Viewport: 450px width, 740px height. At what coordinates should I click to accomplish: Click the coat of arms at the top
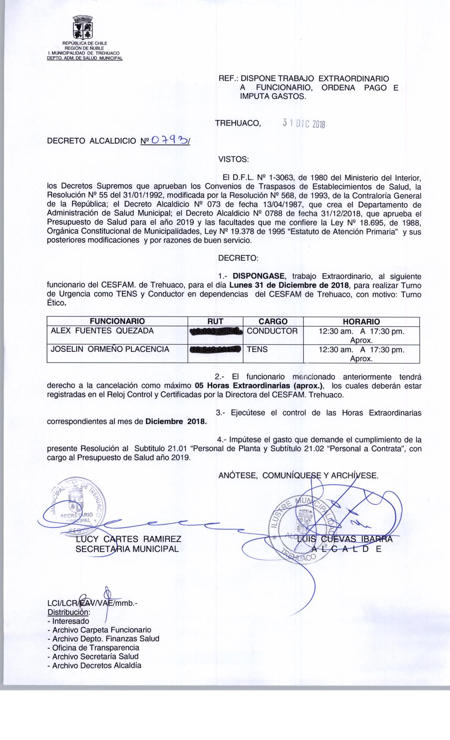point(83,27)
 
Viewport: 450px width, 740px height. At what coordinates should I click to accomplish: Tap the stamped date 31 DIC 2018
point(304,124)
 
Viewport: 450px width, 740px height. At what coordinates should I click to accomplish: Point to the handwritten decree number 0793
point(170,141)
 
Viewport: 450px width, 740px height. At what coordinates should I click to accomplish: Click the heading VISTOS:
point(234,159)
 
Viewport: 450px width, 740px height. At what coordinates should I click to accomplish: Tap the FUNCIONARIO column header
point(117,321)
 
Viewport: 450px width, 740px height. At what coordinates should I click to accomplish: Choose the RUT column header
point(215,321)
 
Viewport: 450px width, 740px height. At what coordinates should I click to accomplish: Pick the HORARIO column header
point(361,321)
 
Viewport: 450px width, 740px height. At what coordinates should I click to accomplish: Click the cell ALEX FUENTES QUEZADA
point(102,331)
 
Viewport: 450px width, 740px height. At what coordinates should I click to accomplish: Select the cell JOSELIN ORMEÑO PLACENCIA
point(110,349)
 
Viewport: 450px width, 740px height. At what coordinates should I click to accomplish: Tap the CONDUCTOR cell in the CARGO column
point(272,331)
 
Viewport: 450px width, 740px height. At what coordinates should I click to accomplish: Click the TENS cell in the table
point(257,349)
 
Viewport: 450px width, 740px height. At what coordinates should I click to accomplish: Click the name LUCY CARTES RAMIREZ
point(128,539)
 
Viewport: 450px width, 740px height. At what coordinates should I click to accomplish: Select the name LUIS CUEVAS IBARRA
point(345,539)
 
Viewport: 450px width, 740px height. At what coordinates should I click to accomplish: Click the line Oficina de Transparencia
point(96,648)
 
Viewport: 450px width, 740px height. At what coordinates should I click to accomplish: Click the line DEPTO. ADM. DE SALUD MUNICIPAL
point(85,58)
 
